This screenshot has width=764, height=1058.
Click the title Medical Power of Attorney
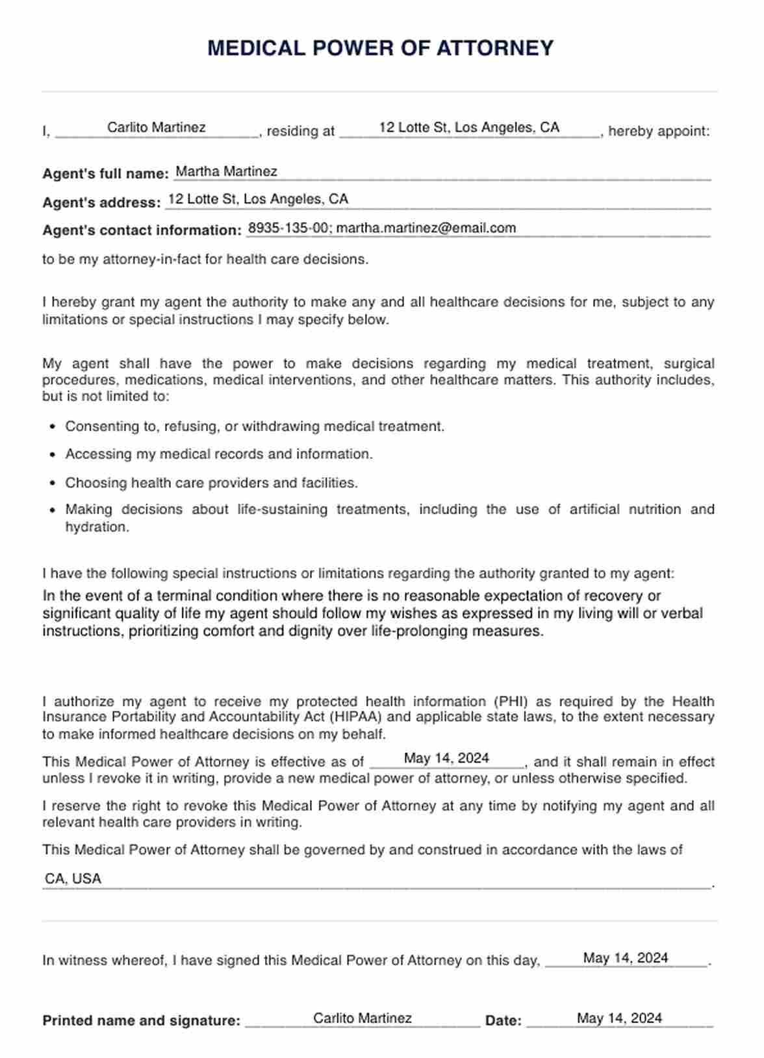380,48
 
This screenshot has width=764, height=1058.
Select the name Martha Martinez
226,171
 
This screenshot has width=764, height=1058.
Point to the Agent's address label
101,203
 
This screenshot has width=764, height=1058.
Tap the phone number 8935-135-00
288,228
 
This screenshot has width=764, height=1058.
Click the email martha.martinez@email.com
426,228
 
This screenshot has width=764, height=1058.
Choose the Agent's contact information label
142,230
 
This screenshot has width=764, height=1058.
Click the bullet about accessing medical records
219,454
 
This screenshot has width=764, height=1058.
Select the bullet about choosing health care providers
211,483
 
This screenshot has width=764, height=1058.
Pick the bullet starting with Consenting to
255,426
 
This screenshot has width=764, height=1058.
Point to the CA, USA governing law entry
73,879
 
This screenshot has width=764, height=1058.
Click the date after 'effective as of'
446,758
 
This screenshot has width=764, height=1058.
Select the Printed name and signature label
141,1020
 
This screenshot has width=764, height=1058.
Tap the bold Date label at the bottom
503,1020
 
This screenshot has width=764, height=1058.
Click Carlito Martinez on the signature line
362,1018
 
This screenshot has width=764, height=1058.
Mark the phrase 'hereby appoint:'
659,131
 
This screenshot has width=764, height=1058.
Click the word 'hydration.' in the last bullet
97,527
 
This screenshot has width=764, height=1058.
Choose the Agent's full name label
105,174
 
